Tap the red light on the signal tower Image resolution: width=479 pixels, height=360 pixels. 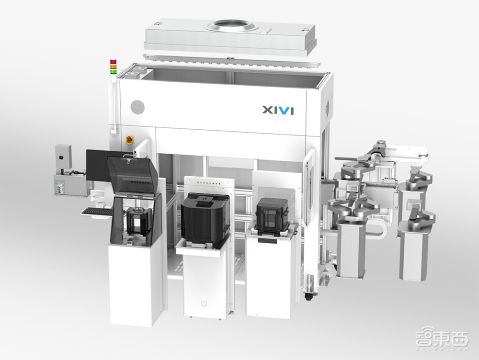click(113, 61)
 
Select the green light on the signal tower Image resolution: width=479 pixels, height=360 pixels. click(113, 71)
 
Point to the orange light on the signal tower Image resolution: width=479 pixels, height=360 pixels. click(113, 66)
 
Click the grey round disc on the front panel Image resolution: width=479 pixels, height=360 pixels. click(137, 107)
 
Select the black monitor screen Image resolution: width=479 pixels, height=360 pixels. click(98, 165)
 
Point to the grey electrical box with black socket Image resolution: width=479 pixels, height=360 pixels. click(63, 157)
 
